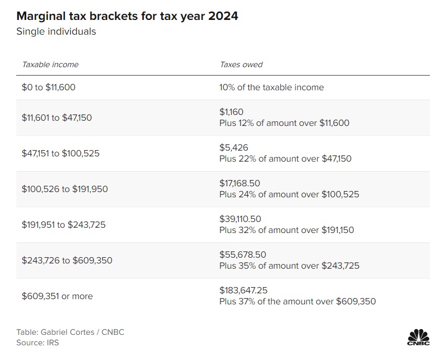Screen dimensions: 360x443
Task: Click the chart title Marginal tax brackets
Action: point(128,16)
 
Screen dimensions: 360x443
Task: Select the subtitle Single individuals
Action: point(56,31)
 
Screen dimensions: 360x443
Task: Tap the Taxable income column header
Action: point(50,65)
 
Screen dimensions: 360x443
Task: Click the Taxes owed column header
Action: point(241,65)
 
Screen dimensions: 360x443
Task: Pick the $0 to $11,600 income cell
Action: point(49,88)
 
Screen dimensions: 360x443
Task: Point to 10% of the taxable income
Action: point(271,88)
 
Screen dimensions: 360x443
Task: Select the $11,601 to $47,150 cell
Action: point(57,118)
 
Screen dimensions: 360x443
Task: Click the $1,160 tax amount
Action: point(231,112)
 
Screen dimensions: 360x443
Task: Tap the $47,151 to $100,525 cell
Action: point(61,153)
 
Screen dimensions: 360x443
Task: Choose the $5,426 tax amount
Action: point(234,147)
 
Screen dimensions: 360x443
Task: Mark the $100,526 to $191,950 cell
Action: point(65,189)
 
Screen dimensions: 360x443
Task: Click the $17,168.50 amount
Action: point(240,183)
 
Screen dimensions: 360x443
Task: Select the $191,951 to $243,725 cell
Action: point(64,225)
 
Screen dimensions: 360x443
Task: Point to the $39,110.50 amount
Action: point(240,219)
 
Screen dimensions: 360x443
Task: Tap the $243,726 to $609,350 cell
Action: point(67,260)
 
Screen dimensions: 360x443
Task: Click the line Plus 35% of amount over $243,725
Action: point(289,266)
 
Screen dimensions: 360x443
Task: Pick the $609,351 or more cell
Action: point(57,296)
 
